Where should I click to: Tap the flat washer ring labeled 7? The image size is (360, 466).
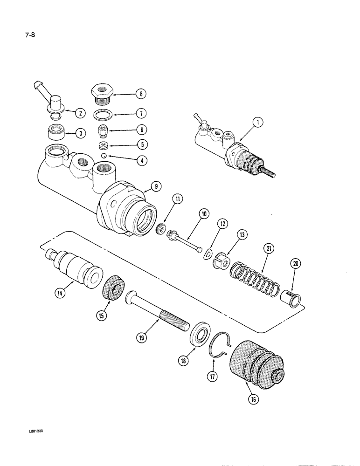click(x=103, y=115)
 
